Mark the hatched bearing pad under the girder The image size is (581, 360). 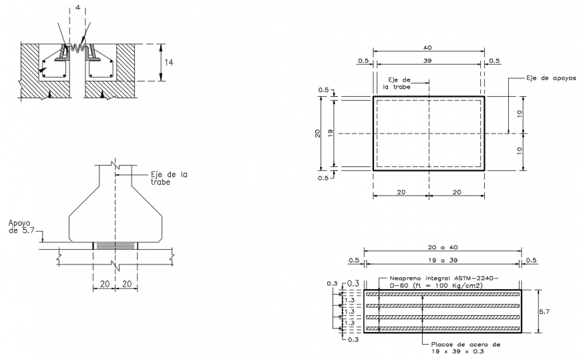pyautogui.click(x=115, y=246)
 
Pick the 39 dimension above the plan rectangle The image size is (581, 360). pyautogui.click(x=428, y=60)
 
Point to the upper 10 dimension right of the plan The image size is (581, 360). pyautogui.click(x=519, y=114)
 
